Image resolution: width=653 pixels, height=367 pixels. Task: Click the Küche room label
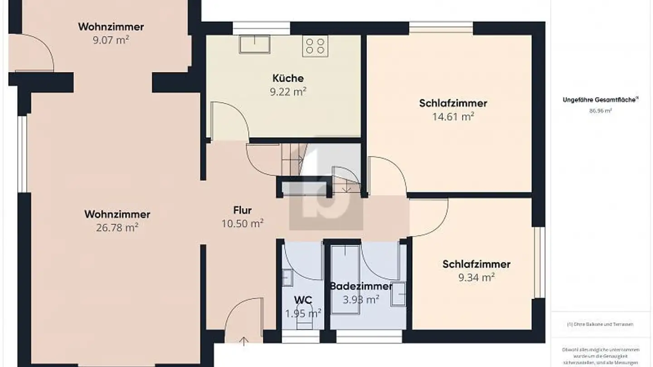pos(288,78)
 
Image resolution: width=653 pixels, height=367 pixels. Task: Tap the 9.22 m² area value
pos(288,92)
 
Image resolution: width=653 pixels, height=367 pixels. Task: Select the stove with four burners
pos(315,46)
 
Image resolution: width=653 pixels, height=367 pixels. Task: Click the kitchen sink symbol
pos(255,44)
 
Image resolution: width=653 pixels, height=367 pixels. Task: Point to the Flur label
pos(242,210)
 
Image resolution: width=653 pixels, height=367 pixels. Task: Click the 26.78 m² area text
pos(117,227)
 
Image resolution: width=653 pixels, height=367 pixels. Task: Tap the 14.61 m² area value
pos(453,116)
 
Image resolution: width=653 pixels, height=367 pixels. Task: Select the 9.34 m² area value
pos(476,277)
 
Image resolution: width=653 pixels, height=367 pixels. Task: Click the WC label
pos(303,300)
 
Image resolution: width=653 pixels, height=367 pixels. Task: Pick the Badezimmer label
pos(361,286)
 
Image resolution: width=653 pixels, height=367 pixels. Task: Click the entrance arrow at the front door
pos(244,341)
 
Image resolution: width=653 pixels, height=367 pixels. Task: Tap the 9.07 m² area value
pos(111,40)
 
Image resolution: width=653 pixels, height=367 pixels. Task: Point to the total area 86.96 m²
pos(600,111)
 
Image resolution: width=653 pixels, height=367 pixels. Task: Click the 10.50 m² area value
pos(242,223)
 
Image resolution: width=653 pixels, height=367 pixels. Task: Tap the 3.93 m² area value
pos(361,299)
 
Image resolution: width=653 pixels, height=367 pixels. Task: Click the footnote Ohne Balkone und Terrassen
pos(600,324)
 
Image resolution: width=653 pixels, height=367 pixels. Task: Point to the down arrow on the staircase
pos(346,187)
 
